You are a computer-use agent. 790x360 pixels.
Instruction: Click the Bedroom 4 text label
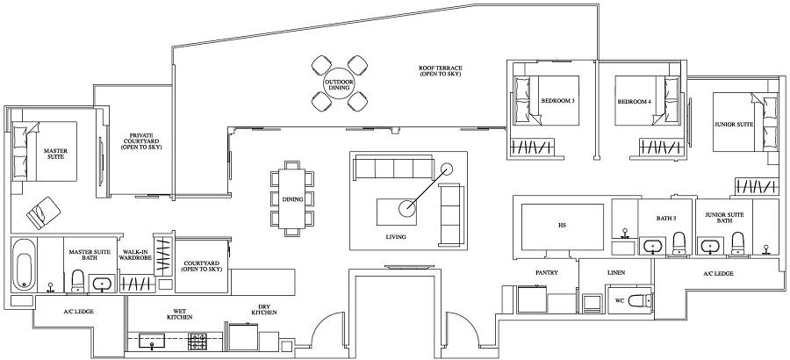[635, 102]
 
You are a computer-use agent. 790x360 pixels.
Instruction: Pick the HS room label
[562, 226]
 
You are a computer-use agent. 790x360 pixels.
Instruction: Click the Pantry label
[547, 273]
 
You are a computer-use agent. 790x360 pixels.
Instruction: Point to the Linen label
[615, 273]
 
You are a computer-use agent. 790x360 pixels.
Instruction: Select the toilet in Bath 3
[679, 242]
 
